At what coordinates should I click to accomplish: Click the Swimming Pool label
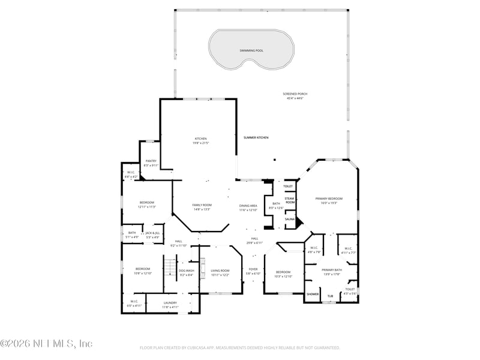point(251,51)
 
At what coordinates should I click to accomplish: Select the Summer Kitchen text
point(256,137)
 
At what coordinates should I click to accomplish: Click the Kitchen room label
point(200,139)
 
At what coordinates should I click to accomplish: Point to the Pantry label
point(151,161)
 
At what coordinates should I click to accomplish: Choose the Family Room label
point(202,205)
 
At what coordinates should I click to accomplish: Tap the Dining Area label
point(248,205)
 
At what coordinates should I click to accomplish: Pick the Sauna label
point(289,219)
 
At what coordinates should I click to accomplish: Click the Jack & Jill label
point(152,233)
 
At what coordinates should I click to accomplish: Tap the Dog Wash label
point(186,271)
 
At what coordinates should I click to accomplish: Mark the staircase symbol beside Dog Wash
point(170,266)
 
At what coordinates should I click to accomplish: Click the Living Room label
point(220,271)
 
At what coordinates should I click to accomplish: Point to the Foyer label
point(253,269)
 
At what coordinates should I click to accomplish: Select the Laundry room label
point(170,303)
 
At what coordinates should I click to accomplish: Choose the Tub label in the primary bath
point(330,296)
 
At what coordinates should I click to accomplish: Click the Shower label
point(313,294)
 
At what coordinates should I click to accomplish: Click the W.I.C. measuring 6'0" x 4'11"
point(134,305)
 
